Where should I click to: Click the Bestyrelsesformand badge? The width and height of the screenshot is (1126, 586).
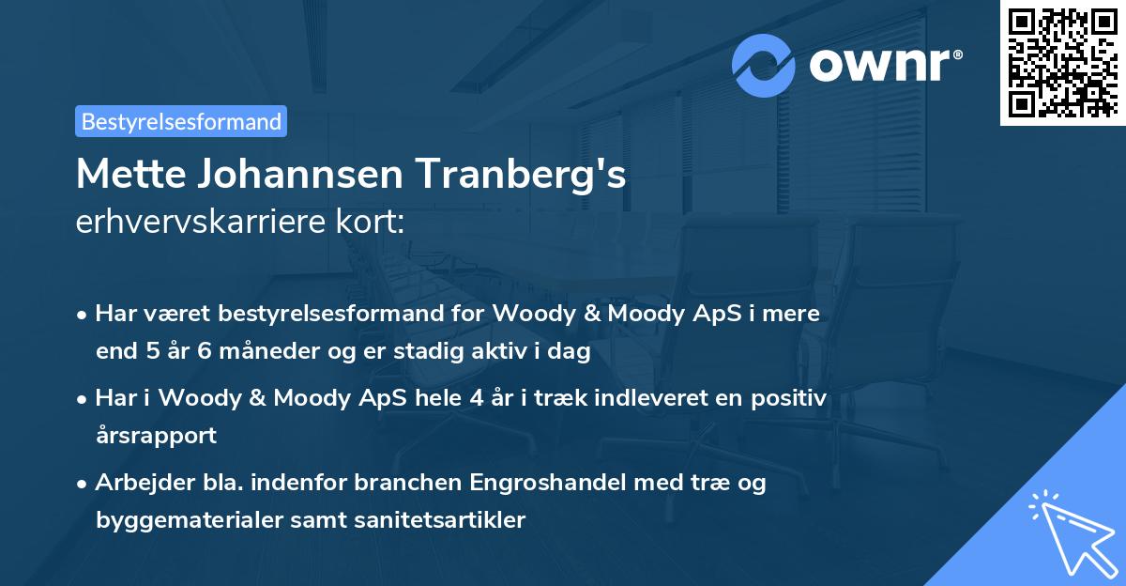[181, 121]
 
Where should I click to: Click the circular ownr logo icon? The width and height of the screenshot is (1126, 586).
[765, 66]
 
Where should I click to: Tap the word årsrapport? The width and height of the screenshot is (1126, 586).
[156, 435]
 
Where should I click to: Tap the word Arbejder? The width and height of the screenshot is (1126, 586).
[140, 483]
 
